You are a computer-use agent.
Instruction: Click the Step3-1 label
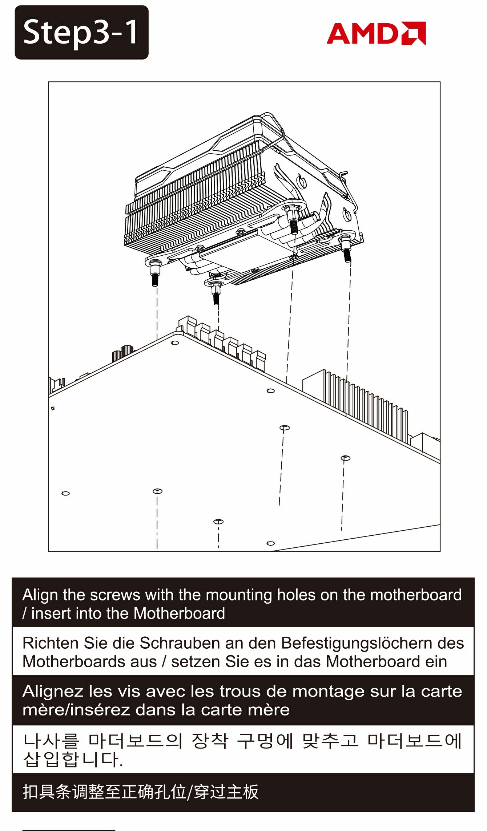[81, 32]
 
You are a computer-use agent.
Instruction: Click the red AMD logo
[376, 33]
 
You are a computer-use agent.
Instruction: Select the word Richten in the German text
[51, 643]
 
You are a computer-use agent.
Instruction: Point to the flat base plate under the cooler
[240, 254]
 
